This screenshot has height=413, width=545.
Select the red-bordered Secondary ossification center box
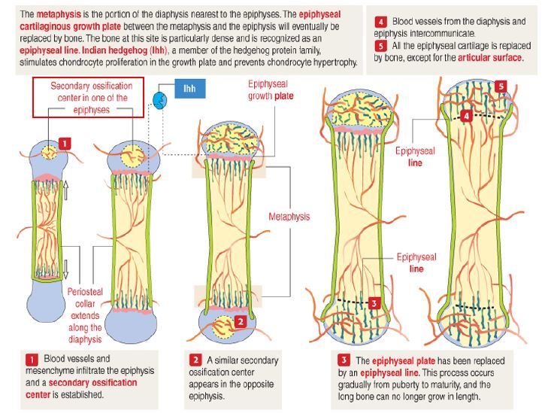[89, 97]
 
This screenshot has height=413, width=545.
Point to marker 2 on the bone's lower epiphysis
[240, 321]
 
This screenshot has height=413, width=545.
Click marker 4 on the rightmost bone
[467, 117]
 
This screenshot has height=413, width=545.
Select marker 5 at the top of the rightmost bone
[501, 87]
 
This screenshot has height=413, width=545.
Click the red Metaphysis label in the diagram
[289, 217]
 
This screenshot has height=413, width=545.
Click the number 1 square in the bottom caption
[32, 360]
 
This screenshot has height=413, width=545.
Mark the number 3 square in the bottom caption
[344, 360]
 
